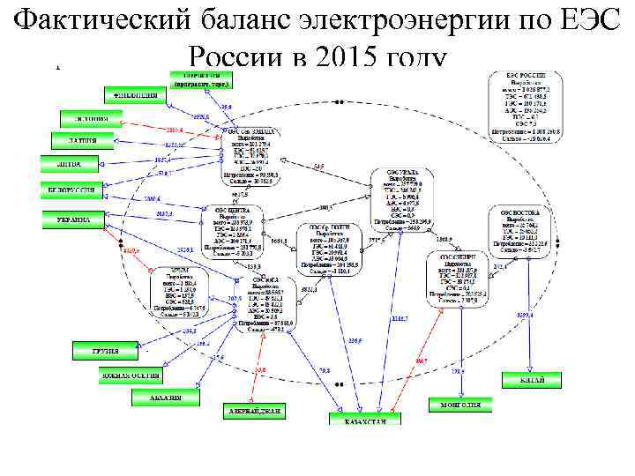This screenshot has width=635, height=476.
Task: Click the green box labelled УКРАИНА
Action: pos(74,220)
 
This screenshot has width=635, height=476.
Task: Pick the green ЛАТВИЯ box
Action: pos(77,140)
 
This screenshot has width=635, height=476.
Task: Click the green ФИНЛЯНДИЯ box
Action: pos(135,94)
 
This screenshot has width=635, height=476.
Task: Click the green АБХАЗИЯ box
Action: pos(159,398)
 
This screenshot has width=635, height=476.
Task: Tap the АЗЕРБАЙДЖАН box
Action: pos(257,412)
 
